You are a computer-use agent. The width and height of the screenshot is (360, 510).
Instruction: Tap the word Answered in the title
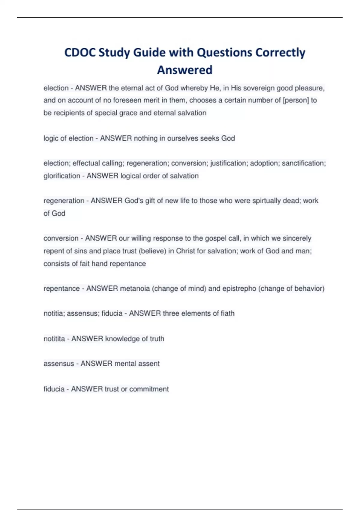click(185, 70)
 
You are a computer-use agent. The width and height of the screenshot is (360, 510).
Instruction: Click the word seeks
click(210, 138)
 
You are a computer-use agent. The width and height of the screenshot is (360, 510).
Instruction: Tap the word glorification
click(62, 176)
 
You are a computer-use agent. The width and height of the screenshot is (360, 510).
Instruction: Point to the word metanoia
click(135, 289)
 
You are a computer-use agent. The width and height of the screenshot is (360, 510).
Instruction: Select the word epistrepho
click(239, 289)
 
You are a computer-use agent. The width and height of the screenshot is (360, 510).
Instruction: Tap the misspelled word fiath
click(228, 313)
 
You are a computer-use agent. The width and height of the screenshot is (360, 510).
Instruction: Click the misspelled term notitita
click(54, 339)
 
